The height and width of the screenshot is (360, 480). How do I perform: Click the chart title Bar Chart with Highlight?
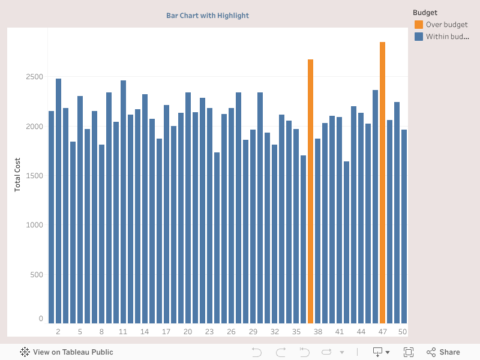[x=208, y=16]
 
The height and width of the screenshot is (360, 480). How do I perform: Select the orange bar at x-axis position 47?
[x=382, y=180]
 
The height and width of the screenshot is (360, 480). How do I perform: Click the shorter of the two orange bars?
[x=310, y=192]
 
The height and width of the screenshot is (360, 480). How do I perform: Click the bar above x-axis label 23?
[x=209, y=216]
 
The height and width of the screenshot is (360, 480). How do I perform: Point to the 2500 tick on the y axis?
[x=34, y=77]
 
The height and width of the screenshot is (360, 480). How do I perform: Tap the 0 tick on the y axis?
[x=41, y=319]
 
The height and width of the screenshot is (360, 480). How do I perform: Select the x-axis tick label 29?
[x=253, y=332]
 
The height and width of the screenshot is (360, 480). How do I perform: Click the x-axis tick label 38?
[x=317, y=332]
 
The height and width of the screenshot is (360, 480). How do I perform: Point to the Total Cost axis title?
[x=17, y=175]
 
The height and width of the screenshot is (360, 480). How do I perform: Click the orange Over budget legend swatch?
[x=418, y=25]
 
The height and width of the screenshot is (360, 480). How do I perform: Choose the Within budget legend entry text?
[x=447, y=37]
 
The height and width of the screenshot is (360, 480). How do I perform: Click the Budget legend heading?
[x=425, y=13]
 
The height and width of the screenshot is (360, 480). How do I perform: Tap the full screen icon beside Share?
[x=409, y=352]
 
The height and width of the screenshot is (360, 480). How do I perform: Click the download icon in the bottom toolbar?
[x=378, y=352]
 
